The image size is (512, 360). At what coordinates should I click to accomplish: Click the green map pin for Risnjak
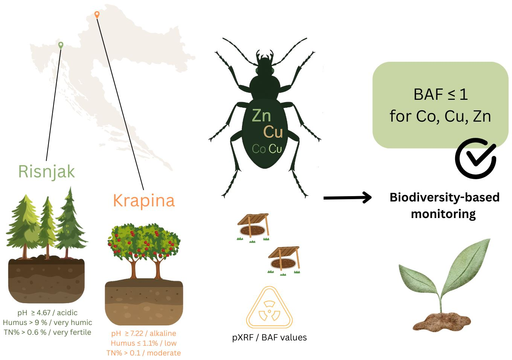pos(61,45)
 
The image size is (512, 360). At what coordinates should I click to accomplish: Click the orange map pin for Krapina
pos(97,14)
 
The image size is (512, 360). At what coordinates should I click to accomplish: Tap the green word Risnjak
pos(46,171)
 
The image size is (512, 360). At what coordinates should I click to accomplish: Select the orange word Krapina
pos(144,200)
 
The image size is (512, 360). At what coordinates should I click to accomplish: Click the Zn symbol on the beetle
pos(261,116)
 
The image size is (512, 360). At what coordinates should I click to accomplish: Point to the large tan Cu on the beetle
pos(273,132)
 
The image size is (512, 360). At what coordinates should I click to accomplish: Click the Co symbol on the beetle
pos(259,149)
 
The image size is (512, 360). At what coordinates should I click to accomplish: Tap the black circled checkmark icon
pos(475,159)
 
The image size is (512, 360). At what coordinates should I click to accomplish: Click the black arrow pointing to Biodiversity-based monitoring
pos(347,197)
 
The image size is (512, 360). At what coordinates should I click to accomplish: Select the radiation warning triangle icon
pos(269,308)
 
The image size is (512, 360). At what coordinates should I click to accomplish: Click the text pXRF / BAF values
pos(269,338)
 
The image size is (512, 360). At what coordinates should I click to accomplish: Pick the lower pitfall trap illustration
pos(283,261)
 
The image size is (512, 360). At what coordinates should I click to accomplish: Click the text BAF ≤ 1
pos(440,94)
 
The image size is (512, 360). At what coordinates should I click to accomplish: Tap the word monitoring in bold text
pos(443,214)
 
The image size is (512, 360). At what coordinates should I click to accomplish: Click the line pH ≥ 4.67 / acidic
pos(47,313)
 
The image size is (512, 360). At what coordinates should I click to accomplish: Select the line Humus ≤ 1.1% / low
pos(143,343)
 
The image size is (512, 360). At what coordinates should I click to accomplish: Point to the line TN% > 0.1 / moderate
pos(143,353)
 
